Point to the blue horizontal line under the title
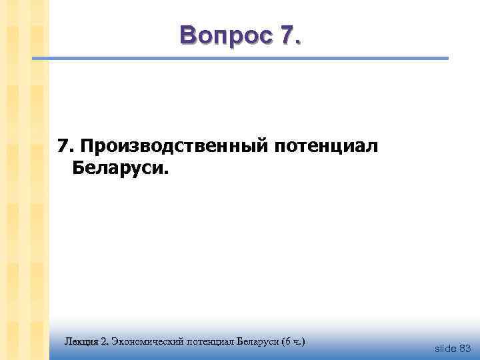click(240, 59)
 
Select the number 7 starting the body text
click(63, 145)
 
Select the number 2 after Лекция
click(104, 342)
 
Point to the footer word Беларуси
click(259, 342)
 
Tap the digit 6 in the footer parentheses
click(289, 342)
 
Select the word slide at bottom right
click(445, 348)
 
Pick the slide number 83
click(465, 348)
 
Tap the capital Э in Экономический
click(115, 342)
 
